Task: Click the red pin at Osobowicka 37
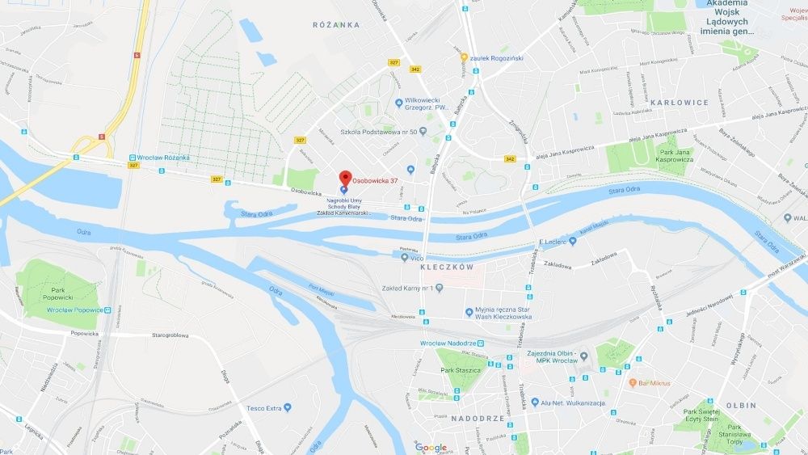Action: click(344, 178)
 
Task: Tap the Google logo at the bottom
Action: click(431, 447)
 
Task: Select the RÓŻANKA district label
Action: click(336, 25)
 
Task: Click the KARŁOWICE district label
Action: click(680, 103)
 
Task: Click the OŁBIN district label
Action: click(741, 405)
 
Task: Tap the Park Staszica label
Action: click(461, 370)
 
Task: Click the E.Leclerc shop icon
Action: click(573, 241)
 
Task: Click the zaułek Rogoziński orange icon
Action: click(464, 57)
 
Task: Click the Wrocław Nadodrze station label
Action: click(448, 343)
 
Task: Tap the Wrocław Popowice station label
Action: click(74, 310)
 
